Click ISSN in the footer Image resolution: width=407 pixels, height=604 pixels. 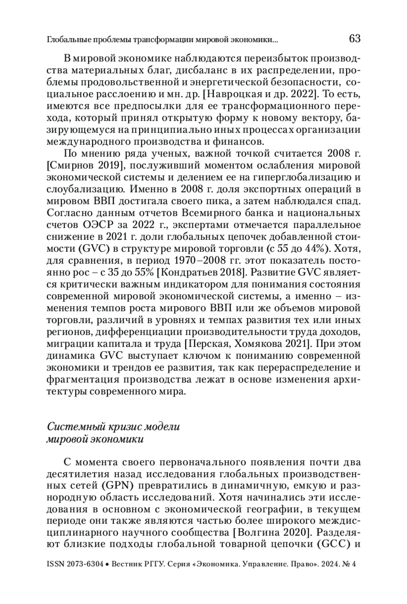(x=55, y=564)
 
